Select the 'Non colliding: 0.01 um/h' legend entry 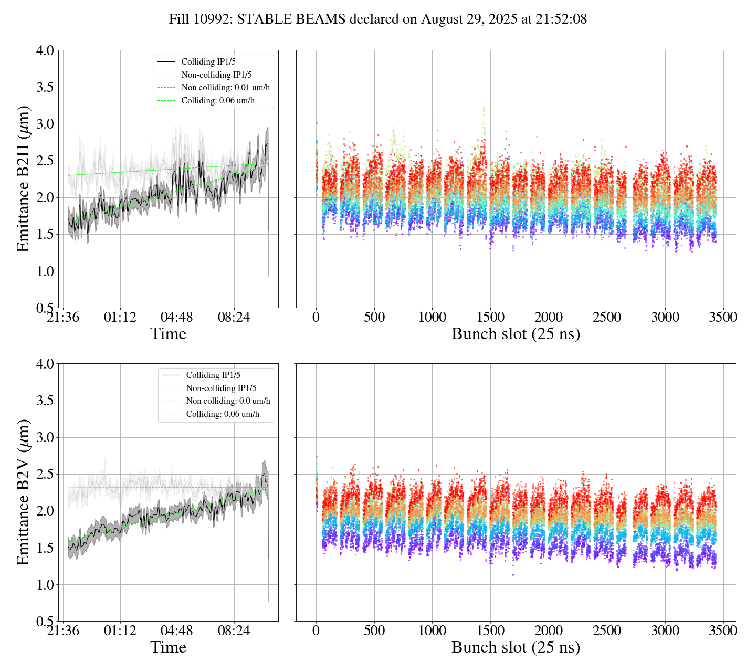[x=229, y=88]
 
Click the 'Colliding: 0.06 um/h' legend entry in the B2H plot [x=218, y=100]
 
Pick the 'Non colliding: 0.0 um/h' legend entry [x=228, y=401]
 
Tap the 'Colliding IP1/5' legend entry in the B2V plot [x=213, y=375]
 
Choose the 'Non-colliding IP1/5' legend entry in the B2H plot [x=216, y=75]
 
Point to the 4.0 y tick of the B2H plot [x=45, y=50]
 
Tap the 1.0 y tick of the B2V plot [x=45, y=585]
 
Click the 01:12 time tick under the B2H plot [x=120, y=318]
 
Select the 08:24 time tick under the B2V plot [x=234, y=631]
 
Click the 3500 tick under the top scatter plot [x=723, y=318]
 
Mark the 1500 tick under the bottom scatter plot [x=490, y=631]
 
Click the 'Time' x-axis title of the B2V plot [x=169, y=647]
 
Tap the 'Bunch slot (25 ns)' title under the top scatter [x=516, y=334]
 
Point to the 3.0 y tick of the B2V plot [x=45, y=438]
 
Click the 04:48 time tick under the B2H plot [x=177, y=318]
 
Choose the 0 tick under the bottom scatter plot [x=316, y=631]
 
